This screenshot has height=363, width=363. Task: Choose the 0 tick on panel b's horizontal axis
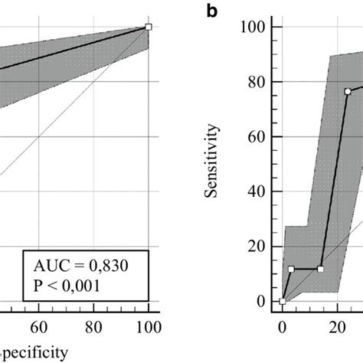(x=282, y=328)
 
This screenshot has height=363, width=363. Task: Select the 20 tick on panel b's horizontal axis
(x=336, y=328)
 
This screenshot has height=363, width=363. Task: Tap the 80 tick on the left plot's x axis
(x=93, y=328)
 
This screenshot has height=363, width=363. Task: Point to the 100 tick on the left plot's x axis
(x=148, y=328)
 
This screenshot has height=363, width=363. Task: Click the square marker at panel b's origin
(x=282, y=301)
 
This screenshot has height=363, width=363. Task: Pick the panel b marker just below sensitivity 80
(x=347, y=91)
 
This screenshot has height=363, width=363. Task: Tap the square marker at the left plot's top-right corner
(x=149, y=27)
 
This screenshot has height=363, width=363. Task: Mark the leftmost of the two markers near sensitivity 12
(x=291, y=269)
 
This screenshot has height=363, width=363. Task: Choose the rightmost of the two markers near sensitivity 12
(x=320, y=269)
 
